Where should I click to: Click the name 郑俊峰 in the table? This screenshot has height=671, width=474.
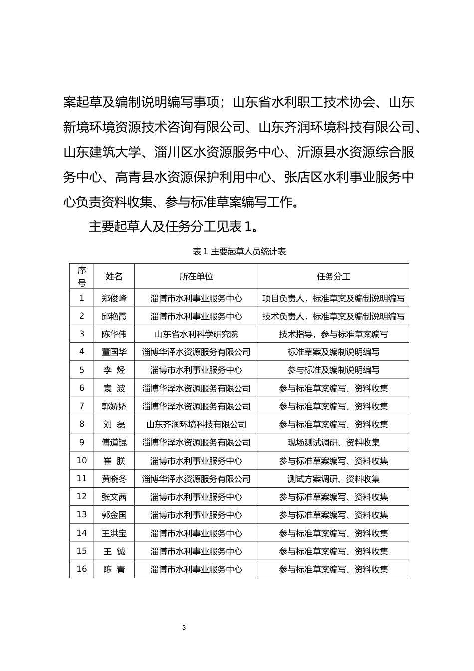(x=114, y=299)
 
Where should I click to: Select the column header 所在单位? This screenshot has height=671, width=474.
(x=196, y=276)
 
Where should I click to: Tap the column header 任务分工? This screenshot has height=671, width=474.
(x=333, y=276)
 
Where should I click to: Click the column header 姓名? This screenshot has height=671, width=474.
(x=114, y=276)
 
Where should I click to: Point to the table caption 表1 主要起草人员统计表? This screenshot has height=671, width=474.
(x=239, y=252)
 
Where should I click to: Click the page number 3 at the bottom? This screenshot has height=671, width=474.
(x=184, y=628)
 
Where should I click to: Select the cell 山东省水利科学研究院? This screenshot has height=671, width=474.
(x=196, y=335)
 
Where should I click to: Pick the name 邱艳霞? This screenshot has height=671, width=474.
(x=114, y=317)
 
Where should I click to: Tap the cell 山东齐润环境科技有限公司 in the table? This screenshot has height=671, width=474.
(x=196, y=425)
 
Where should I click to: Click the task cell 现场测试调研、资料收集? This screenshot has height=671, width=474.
(x=333, y=443)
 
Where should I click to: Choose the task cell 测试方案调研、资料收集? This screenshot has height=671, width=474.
(x=333, y=479)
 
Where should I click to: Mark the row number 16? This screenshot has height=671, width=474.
(x=82, y=569)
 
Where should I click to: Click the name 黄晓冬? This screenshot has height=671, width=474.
(x=114, y=479)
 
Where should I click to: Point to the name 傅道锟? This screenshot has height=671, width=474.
(x=114, y=443)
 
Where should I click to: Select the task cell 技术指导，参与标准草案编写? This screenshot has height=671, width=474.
(x=333, y=335)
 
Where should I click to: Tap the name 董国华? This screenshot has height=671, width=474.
(x=114, y=352)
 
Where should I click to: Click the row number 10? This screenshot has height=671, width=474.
(x=82, y=461)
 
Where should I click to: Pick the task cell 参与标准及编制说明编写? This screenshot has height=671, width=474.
(x=333, y=370)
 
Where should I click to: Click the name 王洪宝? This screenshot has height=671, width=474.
(x=114, y=533)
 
